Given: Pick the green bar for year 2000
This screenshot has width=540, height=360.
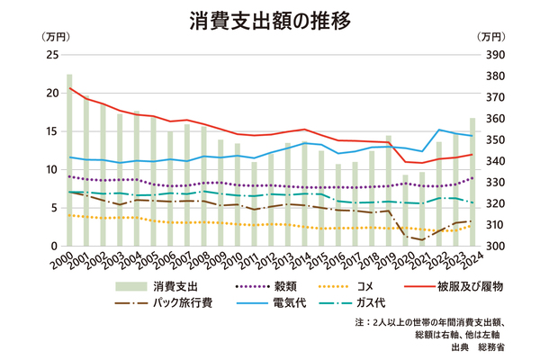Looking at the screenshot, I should point(70,160).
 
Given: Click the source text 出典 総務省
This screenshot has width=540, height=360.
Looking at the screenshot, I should point(483,345).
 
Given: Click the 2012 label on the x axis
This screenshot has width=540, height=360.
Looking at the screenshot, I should point(265,262).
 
